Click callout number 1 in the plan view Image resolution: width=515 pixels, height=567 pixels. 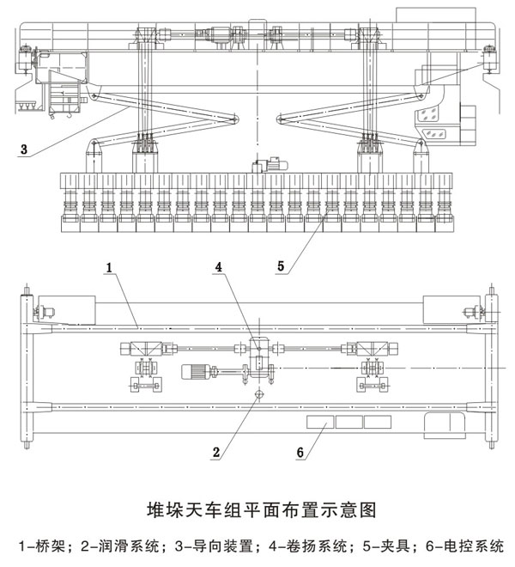coord(110,268)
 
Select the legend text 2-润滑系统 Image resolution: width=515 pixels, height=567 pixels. coord(115,545)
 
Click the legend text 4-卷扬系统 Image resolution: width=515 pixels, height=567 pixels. coord(286,545)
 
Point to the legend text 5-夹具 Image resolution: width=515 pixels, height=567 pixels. coord(360,545)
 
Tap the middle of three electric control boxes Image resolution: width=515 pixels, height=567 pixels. coord(348,423)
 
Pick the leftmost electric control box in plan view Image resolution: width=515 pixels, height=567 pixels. coord(320,423)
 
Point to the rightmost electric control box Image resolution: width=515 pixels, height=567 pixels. coord(376,423)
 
